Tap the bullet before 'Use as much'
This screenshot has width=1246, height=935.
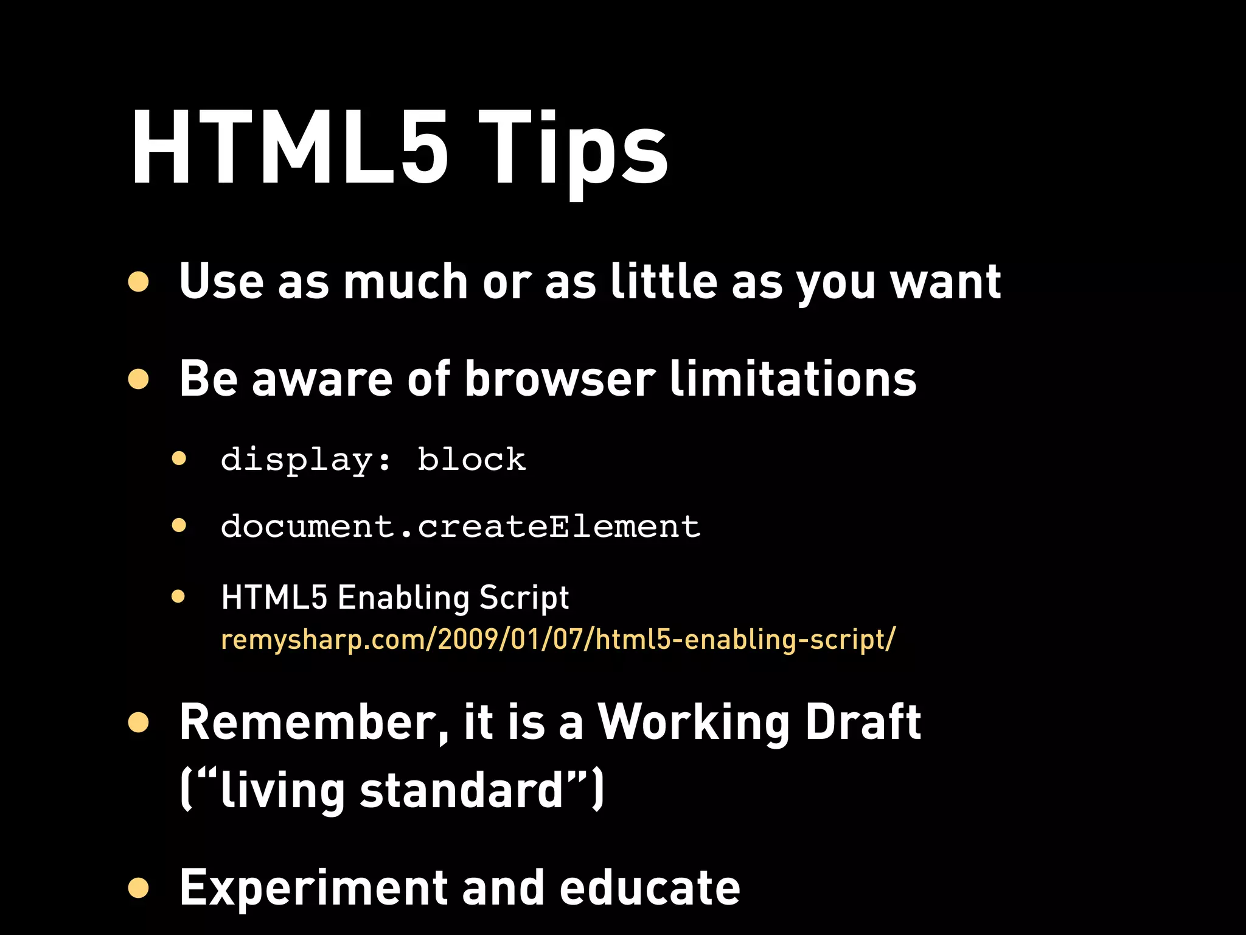coord(139,282)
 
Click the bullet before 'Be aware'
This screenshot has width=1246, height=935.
coord(139,379)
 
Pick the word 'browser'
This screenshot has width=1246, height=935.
coord(560,379)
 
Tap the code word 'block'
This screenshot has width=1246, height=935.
coord(472,460)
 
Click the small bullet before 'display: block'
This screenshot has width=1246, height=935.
coord(178,458)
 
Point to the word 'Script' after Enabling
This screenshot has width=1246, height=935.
coord(524,598)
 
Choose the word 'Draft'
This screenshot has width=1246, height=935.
coord(863,723)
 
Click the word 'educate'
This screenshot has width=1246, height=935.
coord(649,888)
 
